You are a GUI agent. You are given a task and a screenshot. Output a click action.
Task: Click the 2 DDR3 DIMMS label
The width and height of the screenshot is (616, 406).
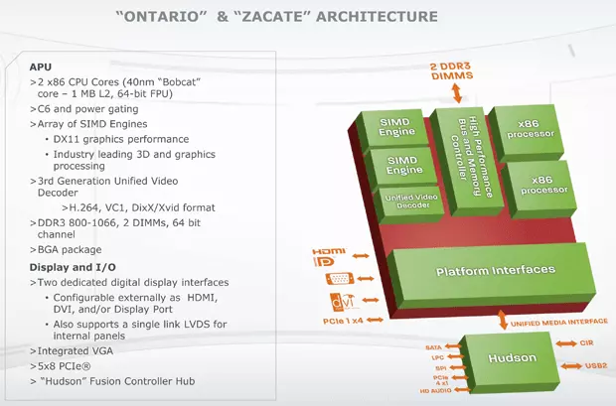click(x=457, y=70)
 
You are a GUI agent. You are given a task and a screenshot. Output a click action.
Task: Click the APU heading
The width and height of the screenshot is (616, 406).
click(x=43, y=66)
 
